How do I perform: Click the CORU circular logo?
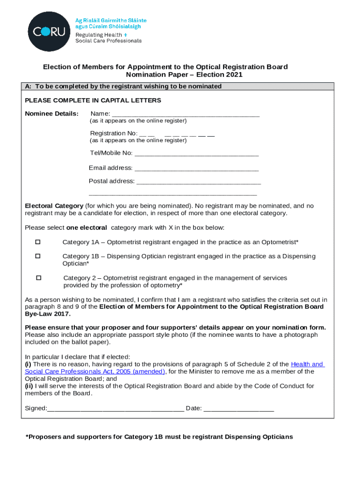tap(49, 32)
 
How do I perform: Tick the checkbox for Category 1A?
tap(38, 242)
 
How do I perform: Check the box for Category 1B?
tap(38, 256)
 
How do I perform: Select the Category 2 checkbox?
tap(39, 278)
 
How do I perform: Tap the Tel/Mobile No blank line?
tap(196, 153)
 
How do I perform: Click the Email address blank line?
tap(196, 168)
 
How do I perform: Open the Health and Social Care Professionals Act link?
tap(307, 364)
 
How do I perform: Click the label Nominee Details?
tap(51, 114)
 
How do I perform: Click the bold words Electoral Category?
tap(54, 206)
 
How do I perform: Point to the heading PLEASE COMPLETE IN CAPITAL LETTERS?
tap(93, 101)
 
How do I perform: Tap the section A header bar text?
tap(123, 87)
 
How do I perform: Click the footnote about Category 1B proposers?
tap(159, 437)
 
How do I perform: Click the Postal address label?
tap(111, 181)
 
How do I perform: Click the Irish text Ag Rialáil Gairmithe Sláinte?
tap(111, 21)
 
